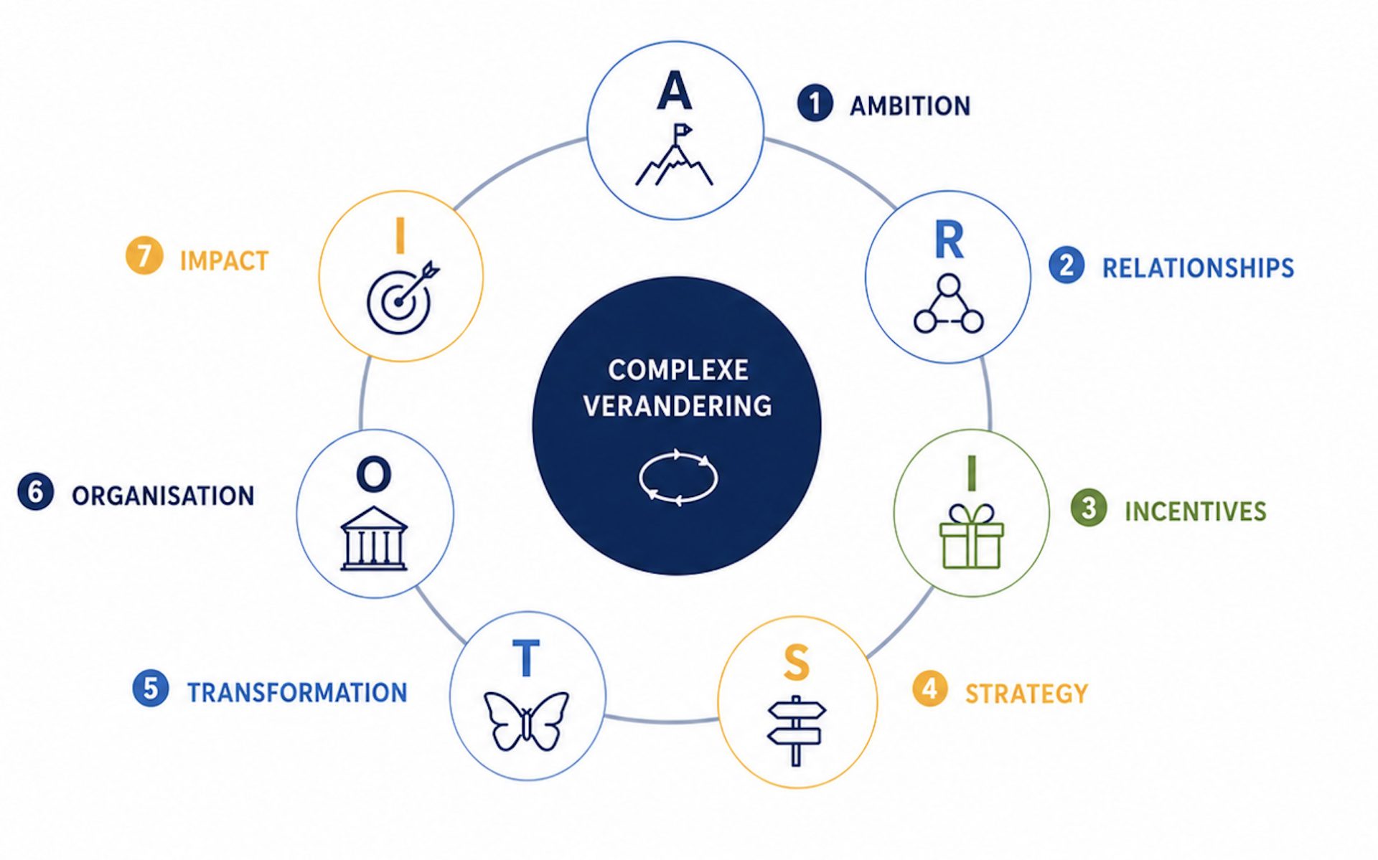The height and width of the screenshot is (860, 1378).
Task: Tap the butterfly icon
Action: pyautogui.click(x=526, y=720)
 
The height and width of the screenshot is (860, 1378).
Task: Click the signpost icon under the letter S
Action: pyautogui.click(x=796, y=730)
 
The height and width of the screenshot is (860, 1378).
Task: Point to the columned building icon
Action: pyautogui.click(x=374, y=539)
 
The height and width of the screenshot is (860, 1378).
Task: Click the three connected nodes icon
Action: pyautogui.click(x=948, y=303)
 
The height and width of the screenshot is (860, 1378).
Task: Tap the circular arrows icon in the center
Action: pyautogui.click(x=678, y=477)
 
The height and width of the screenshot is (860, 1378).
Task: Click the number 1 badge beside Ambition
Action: pyautogui.click(x=815, y=103)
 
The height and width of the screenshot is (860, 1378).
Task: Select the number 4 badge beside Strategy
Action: pyautogui.click(x=929, y=689)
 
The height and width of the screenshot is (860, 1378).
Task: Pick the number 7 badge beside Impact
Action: pyautogui.click(x=144, y=256)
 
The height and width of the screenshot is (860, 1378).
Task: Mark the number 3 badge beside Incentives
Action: pyautogui.click(x=1088, y=508)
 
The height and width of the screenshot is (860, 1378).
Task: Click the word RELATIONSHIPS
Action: pyautogui.click(x=1198, y=268)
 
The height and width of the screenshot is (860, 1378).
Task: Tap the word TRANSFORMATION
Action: pyautogui.click(x=297, y=693)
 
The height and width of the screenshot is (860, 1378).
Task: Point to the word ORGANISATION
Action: pyautogui.click(x=163, y=496)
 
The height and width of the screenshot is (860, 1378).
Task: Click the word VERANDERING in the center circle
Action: pyautogui.click(x=678, y=406)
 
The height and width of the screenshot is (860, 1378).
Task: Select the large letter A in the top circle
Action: pyautogui.click(x=674, y=90)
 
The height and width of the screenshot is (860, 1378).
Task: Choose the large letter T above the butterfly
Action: pyautogui.click(x=526, y=658)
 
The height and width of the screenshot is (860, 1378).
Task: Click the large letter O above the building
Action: pyautogui.click(x=374, y=475)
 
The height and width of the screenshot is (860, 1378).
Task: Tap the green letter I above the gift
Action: pyautogui.click(x=971, y=472)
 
